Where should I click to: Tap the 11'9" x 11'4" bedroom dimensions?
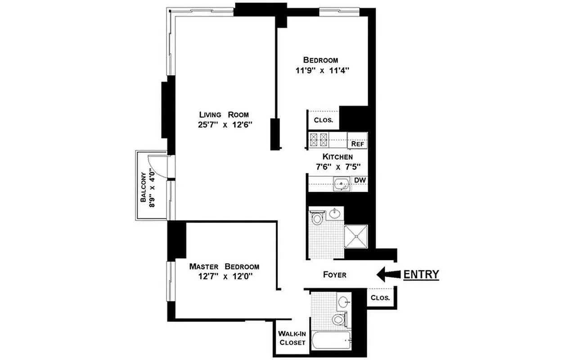coord(320,70)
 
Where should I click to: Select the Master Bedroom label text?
coord(224,266)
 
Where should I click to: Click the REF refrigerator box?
coord(358,144)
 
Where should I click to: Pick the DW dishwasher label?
coord(359,180)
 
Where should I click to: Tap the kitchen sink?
coord(342,184)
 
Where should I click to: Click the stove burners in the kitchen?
coord(318,140)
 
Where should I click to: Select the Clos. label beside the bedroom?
coord(323,120)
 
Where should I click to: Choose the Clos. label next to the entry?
coord(380,297)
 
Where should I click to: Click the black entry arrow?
coord(387,274)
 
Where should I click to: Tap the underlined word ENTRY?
coord(421,274)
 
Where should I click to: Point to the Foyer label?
coord(335,274)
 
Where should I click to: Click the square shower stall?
coord(355,236)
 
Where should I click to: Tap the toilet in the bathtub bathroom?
coord(339,320)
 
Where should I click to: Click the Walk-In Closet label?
coord(292,338)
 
